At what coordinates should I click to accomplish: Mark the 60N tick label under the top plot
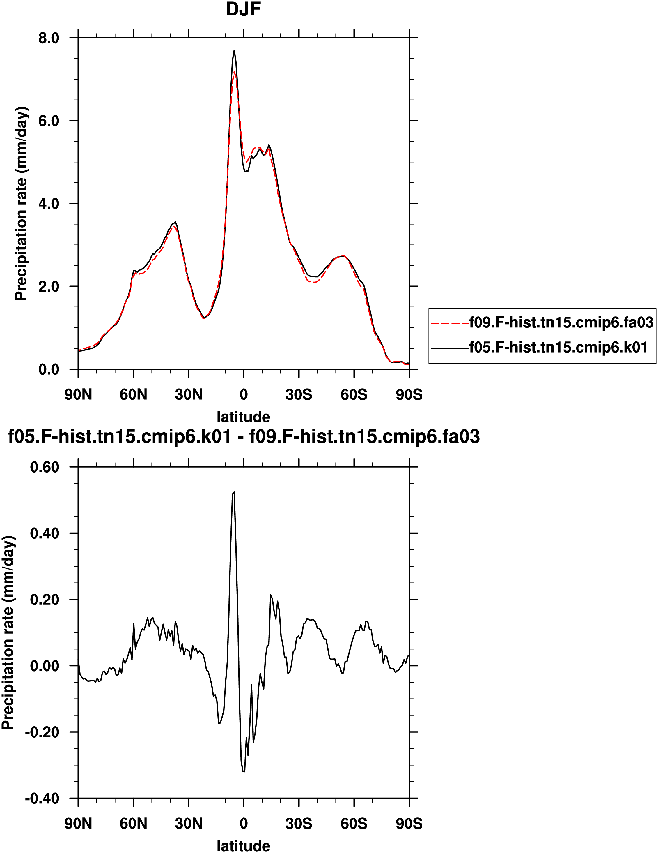pos(134,394)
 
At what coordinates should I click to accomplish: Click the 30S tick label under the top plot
pos(299,394)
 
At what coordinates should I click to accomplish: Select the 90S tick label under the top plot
pos(409,394)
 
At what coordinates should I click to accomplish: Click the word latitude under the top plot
pos(244,417)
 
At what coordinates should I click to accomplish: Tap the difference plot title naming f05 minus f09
pos(244,437)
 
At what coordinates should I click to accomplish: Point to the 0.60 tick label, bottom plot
pos(45,467)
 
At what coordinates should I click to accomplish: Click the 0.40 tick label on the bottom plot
pos(45,533)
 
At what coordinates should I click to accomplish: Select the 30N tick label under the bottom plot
pos(189,823)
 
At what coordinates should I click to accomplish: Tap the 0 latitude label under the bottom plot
pos(244,823)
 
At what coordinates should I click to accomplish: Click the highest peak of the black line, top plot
pos(234,50)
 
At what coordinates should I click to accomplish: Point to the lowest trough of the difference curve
pos(244,772)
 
